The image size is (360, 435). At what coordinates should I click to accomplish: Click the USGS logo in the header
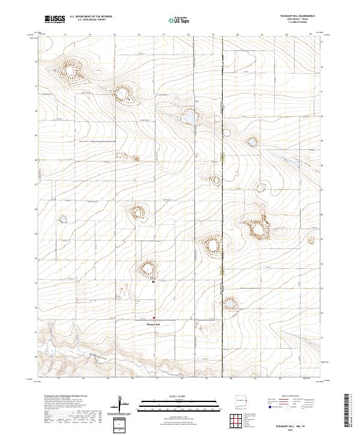(x=55, y=19)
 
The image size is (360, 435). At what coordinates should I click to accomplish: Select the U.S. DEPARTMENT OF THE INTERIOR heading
(x=91, y=17)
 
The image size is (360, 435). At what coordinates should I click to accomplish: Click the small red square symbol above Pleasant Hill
(x=154, y=318)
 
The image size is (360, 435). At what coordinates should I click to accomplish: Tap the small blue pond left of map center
(x=62, y=219)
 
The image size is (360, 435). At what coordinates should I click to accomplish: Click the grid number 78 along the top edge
(x=188, y=35)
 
